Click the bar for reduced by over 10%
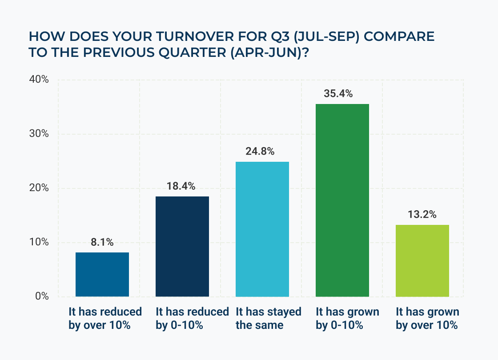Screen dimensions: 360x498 click(102, 274)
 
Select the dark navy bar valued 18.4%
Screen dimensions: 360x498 click(182, 246)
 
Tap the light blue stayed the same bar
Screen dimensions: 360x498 click(262, 229)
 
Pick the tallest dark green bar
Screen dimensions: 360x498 click(342, 200)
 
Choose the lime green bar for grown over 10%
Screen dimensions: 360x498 click(422, 260)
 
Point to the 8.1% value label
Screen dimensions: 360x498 click(102, 242)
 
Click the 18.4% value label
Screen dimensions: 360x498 click(182, 186)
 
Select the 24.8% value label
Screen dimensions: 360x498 click(262, 152)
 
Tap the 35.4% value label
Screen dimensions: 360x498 click(342, 94)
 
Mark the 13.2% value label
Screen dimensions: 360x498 click(422, 215)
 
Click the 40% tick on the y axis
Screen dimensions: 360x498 click(39, 80)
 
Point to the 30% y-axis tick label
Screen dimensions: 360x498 click(39, 134)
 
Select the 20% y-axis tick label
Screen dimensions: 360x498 click(39, 188)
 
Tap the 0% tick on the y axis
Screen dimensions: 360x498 click(42, 296)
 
